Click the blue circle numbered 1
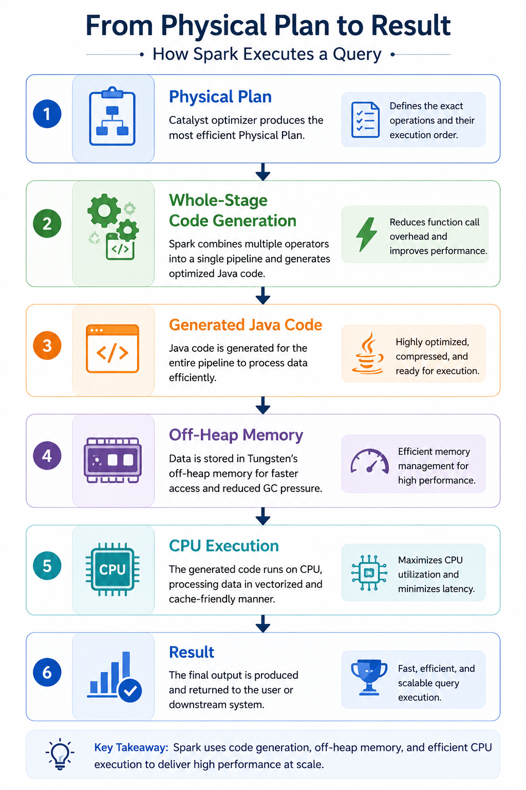(x=47, y=114)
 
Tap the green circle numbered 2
(x=47, y=224)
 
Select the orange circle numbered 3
(x=47, y=346)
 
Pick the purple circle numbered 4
(x=47, y=456)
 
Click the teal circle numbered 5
(x=47, y=566)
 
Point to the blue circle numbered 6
(x=47, y=673)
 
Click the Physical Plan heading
(x=220, y=97)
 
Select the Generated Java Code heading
(x=246, y=325)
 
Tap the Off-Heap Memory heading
(x=236, y=435)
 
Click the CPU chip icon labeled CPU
(x=112, y=569)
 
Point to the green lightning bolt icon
(x=366, y=234)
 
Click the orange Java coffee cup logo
(x=367, y=353)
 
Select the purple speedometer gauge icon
(x=369, y=461)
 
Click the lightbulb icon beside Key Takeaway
(x=60, y=754)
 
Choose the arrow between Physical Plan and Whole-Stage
(x=263, y=172)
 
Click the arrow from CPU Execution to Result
(x=263, y=623)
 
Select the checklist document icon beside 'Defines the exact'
(x=365, y=120)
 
